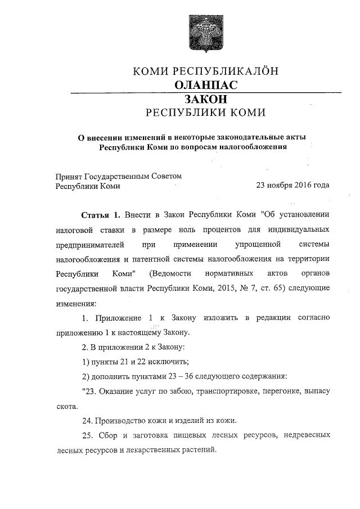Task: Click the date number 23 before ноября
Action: [x=261, y=186]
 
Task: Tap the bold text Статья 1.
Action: [x=101, y=215]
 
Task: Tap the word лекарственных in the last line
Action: [x=148, y=450]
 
